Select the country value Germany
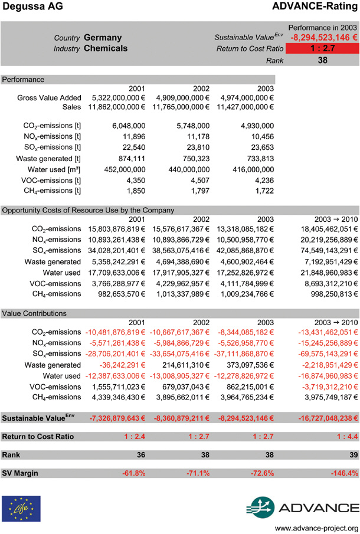click(x=103, y=38)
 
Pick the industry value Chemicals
click(x=106, y=48)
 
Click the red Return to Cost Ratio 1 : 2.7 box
click(x=322, y=49)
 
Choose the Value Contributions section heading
click(x=34, y=313)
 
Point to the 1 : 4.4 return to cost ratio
click(x=344, y=437)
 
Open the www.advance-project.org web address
click(x=317, y=528)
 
